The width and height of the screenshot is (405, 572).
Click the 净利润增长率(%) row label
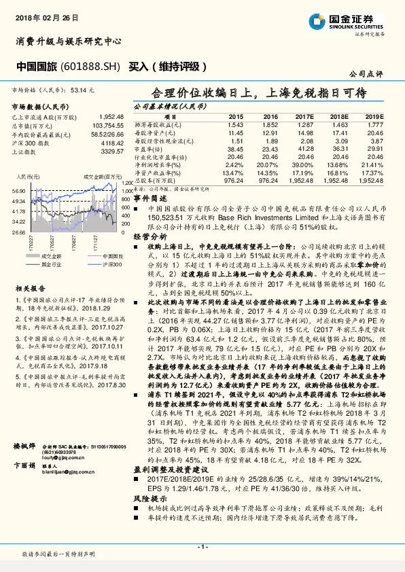pos(163,166)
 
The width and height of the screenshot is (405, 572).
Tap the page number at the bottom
pos(202,546)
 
